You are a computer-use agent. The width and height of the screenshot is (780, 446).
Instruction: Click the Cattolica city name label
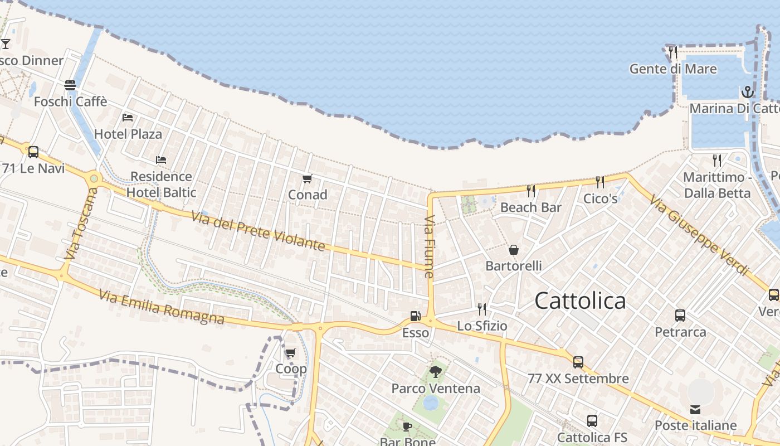[x=580, y=301]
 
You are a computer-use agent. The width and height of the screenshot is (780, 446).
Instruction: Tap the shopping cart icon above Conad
[x=307, y=179]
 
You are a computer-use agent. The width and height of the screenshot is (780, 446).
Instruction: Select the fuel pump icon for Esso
[x=415, y=316]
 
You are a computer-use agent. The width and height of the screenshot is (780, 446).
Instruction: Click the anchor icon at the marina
[x=747, y=92]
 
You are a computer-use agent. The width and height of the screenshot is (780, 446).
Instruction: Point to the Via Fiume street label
[x=428, y=246]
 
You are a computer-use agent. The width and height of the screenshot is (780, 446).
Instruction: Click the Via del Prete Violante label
[x=258, y=231]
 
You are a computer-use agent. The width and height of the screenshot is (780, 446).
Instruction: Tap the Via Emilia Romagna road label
[x=162, y=307]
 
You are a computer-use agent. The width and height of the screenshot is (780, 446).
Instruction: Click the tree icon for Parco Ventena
[x=435, y=371]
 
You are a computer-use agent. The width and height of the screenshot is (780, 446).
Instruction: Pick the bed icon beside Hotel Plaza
[x=128, y=118]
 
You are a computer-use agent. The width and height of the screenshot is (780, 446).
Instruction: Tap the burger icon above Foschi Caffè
[x=70, y=85]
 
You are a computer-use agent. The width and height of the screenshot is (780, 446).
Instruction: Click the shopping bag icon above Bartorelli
[x=514, y=249]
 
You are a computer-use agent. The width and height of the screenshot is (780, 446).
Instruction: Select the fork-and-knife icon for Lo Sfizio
[x=482, y=309]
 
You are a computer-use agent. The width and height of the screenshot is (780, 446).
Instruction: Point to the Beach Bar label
[x=531, y=207]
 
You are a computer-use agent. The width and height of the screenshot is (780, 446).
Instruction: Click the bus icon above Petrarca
[x=680, y=316]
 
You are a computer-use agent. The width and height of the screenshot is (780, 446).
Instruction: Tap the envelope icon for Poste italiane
[x=695, y=410]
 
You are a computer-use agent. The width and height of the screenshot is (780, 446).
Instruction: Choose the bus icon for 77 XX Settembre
[x=578, y=362]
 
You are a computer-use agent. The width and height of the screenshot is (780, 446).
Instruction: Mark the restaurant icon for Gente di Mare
[x=673, y=52]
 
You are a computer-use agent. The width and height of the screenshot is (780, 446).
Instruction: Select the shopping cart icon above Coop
[x=290, y=352]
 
